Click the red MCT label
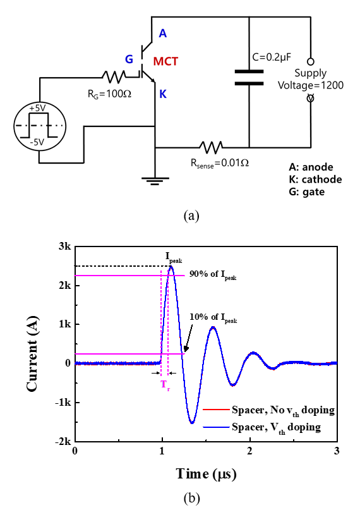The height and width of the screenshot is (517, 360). pyautogui.click(x=165, y=61)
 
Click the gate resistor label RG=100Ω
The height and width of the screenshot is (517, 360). pyautogui.click(x=109, y=94)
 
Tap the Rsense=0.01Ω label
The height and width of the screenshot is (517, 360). pyautogui.click(x=220, y=163)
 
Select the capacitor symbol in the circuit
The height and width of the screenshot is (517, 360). pyautogui.click(x=249, y=78)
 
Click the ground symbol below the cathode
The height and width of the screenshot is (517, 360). pyautogui.click(x=155, y=181)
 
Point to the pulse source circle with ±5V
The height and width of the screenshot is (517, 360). pyautogui.click(x=40, y=126)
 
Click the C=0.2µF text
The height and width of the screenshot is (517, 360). pyautogui.click(x=272, y=58)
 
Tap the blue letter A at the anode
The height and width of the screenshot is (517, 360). pyautogui.click(x=163, y=33)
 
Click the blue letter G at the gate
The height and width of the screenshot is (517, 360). pyautogui.click(x=129, y=59)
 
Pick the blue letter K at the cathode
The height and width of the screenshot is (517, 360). pyautogui.click(x=163, y=94)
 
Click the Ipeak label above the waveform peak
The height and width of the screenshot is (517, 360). pyautogui.click(x=174, y=257)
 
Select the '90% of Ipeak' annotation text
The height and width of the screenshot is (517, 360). pyautogui.click(x=213, y=275)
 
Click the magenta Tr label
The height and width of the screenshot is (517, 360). pyautogui.click(x=165, y=385)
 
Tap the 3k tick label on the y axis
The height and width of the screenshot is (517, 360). pyautogui.click(x=64, y=246)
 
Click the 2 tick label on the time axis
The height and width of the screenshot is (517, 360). pyautogui.click(x=249, y=451)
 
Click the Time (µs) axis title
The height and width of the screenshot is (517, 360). pyautogui.click(x=206, y=474)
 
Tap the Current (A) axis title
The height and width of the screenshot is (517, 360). pyautogui.click(x=32, y=354)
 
